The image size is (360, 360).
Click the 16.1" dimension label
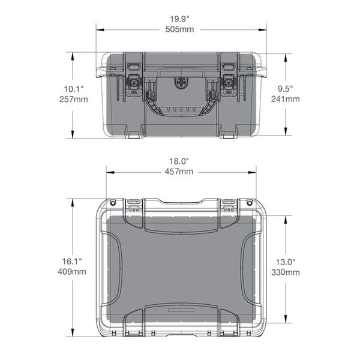(x=73, y=262)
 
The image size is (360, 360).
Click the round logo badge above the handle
(x=181, y=81)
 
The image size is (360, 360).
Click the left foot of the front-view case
(x=134, y=134)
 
